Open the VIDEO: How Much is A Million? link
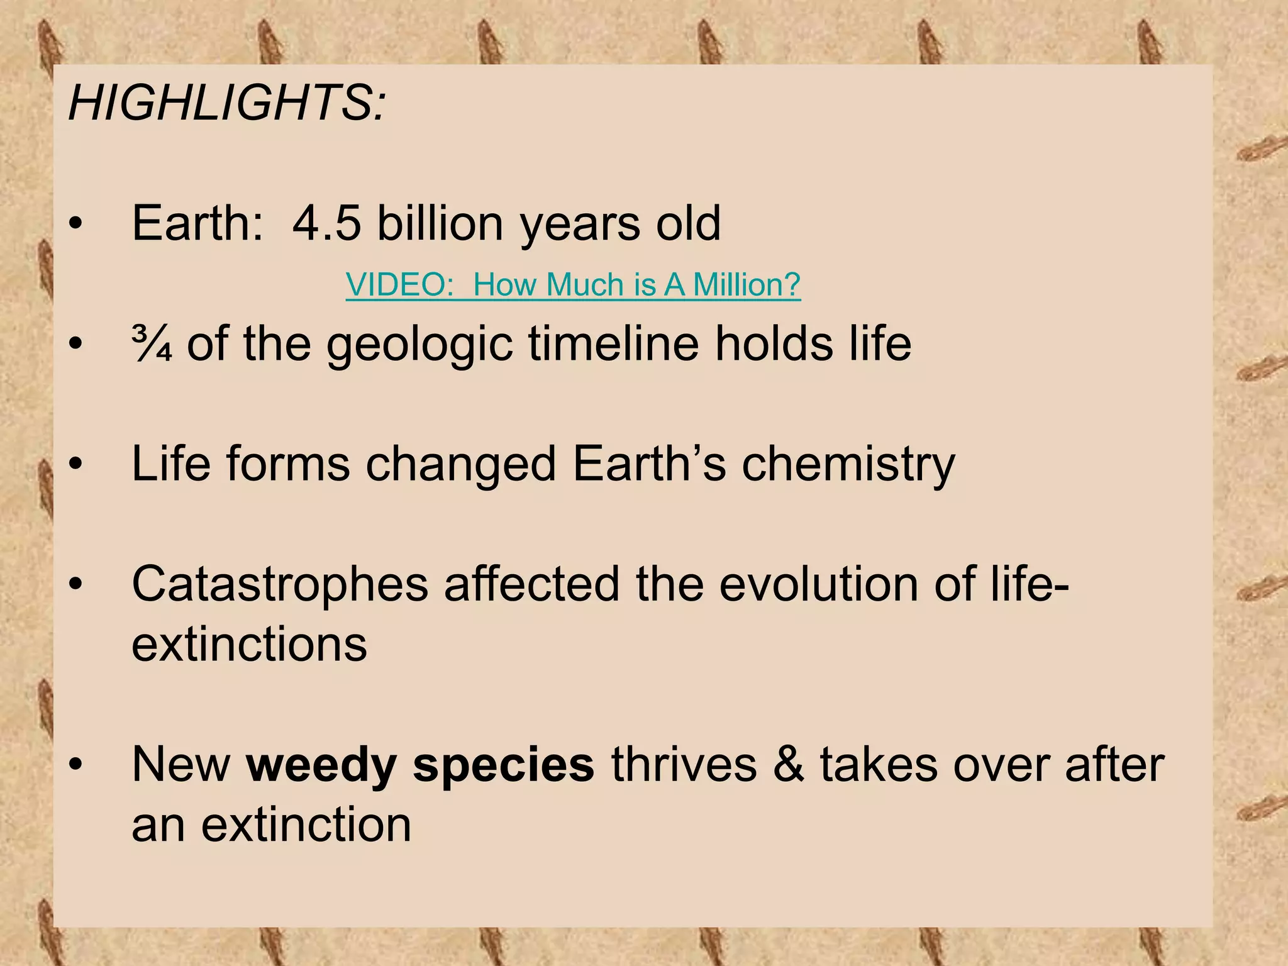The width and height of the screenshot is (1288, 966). click(573, 285)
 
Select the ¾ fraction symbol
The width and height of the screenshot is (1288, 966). click(152, 344)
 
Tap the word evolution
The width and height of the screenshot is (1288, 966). click(818, 585)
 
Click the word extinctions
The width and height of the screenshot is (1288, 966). click(249, 645)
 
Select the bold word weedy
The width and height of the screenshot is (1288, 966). click(321, 766)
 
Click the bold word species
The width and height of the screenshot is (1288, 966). click(503, 766)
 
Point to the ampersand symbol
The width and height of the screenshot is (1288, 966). click(789, 765)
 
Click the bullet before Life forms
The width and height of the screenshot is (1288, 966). click(76, 465)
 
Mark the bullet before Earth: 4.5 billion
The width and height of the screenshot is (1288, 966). click(76, 225)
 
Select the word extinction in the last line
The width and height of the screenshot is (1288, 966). click(306, 825)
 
